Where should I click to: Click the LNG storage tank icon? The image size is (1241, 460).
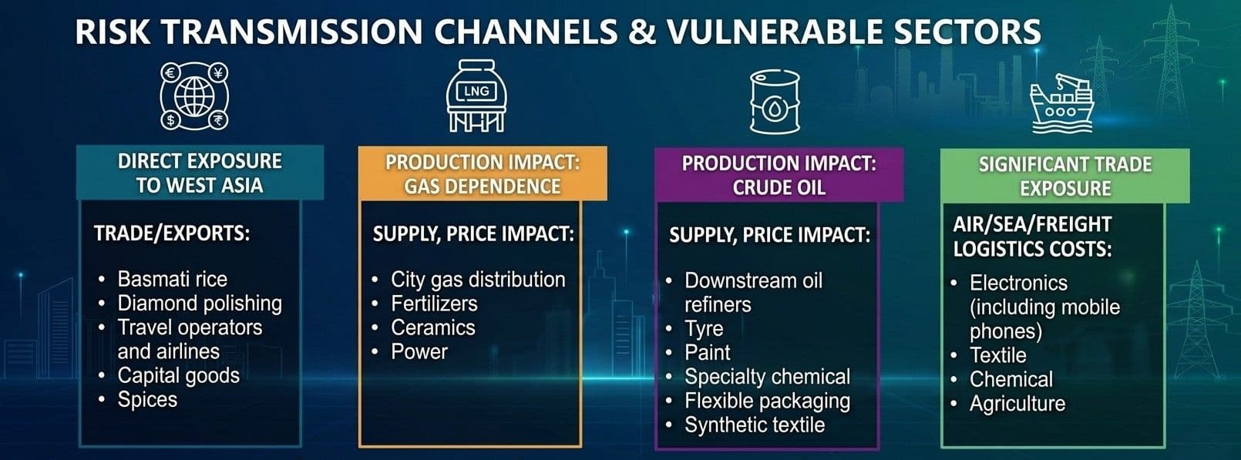click(476, 96)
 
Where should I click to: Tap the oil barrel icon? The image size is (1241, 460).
click(775, 101)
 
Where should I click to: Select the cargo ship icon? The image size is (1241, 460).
click(1061, 103)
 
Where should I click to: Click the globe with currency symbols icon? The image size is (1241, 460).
click(194, 96)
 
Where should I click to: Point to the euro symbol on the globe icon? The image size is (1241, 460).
click(170, 72)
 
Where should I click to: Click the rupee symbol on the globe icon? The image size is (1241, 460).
click(218, 120)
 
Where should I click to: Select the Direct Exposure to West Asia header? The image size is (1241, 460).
click(200, 173)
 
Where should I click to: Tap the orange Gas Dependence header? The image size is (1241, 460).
click(483, 174)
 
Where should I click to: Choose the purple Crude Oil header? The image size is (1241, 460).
click(779, 175)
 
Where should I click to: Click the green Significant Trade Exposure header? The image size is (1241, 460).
click(1064, 176)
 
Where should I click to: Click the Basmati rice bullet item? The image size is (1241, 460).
click(173, 279)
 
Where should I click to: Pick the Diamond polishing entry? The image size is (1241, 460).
click(200, 304)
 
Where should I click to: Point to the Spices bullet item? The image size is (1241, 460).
click(147, 400)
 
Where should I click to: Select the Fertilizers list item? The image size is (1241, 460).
click(434, 304)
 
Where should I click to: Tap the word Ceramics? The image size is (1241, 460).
click(432, 327)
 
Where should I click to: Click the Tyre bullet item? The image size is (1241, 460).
click(704, 329)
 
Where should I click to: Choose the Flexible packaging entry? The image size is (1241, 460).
click(767, 401)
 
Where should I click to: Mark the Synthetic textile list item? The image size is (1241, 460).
click(755, 425)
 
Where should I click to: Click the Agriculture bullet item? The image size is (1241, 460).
click(1017, 404)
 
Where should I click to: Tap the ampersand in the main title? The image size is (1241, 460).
click(642, 32)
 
